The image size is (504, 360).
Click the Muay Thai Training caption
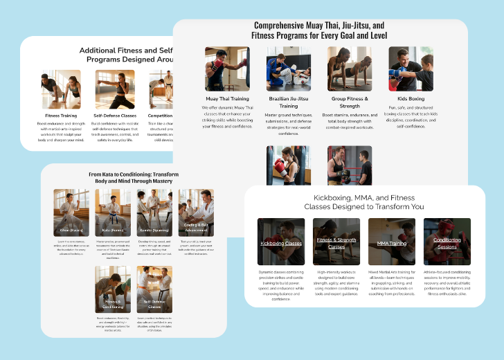click(227, 99)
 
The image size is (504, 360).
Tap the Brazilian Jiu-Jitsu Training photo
click(289, 69)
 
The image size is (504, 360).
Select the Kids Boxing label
click(411, 99)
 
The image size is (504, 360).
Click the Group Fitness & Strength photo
click(350, 69)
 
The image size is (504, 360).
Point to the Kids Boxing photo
click(411, 69)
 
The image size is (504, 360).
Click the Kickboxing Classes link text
click(280, 244)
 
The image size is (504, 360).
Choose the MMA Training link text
click(392, 244)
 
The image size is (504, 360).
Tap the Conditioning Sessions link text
click(447, 244)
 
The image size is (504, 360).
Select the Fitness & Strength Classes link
click(336, 244)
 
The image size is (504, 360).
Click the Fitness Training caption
click(61, 116)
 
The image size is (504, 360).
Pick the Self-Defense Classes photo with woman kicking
click(115, 89)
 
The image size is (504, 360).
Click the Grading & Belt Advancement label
click(196, 228)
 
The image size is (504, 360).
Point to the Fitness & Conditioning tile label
click(113, 304)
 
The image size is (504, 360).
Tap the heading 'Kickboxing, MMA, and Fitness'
click(364, 201)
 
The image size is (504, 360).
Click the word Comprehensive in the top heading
click(286, 25)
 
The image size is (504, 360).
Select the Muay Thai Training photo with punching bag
click(227, 69)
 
